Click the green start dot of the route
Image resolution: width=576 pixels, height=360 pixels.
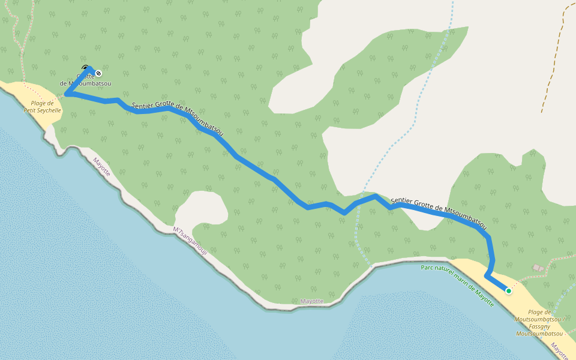509,291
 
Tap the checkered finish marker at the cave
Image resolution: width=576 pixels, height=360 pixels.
99,73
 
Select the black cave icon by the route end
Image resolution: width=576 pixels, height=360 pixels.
85,68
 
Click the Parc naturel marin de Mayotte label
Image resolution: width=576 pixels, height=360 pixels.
457,286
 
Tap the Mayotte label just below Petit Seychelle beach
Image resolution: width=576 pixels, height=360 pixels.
101,166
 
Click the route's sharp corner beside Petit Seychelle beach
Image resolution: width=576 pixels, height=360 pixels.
67,94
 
